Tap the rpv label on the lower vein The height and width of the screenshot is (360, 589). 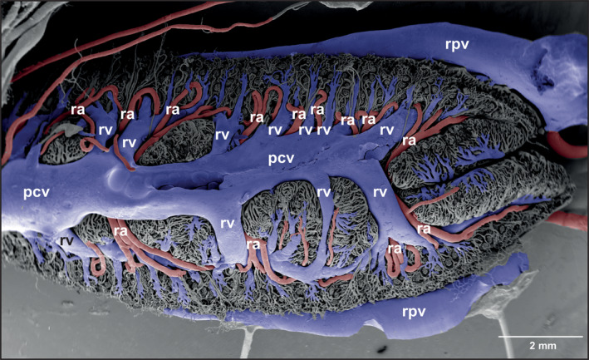(414, 313)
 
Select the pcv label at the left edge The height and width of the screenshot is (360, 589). (37, 192)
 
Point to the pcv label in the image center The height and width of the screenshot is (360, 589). (281, 159)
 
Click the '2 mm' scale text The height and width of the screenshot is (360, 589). (542, 345)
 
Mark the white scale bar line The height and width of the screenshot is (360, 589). (541, 337)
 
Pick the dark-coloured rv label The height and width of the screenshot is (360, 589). (66, 241)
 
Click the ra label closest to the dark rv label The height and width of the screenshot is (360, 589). (120, 231)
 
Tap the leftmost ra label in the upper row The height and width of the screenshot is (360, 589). (78, 110)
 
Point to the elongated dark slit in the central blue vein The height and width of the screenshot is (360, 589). (188, 185)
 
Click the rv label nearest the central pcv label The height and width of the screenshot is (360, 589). (275, 130)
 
